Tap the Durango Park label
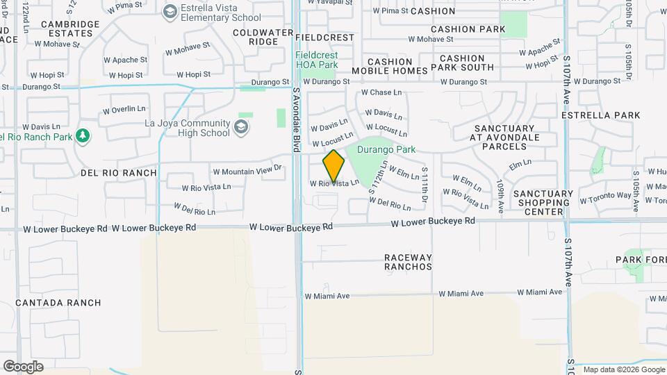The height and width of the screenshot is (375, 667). tap(386, 149)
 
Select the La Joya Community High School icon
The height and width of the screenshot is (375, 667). tap(241, 126)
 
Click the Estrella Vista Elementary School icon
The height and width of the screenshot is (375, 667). tap(170, 11)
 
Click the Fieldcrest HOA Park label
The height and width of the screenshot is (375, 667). tap(317, 60)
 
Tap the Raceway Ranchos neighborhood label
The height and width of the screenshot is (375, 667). tap(408, 262)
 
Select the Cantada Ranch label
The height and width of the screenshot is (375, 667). tap(58, 303)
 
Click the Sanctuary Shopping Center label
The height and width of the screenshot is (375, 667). tap(544, 203)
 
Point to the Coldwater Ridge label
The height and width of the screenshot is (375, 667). tap(255, 37)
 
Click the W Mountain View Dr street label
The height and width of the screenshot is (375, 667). tap(247, 169)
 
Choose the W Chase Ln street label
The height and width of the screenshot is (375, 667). tap(381, 92)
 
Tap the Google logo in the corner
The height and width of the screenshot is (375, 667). tap(23, 366)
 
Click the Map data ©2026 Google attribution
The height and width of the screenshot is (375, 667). tap(623, 369)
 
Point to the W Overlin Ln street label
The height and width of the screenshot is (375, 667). tap(124, 109)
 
